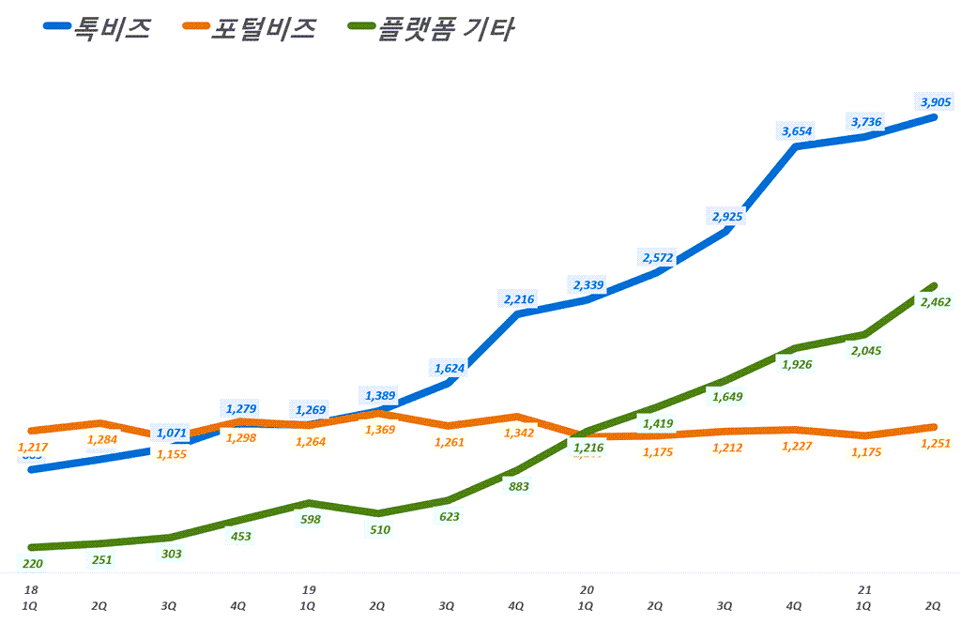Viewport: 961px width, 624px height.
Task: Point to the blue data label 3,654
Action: [797, 131]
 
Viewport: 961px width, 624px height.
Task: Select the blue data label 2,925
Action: [727, 217]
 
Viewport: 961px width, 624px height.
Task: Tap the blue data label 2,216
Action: [518, 299]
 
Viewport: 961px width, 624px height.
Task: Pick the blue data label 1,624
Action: [449, 368]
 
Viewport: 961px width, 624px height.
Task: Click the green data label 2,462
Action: [937, 302]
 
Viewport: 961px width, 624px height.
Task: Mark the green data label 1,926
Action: [797, 364]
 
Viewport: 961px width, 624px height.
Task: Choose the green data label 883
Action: [518, 486]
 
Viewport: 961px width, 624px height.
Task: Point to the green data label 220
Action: [31, 564]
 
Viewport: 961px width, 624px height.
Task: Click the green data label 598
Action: [309, 519]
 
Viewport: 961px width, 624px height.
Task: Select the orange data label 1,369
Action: [379, 429]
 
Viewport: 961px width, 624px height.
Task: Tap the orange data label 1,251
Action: [937, 444]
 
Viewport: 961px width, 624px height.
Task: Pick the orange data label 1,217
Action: [31, 448]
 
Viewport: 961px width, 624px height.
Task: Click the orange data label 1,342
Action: [518, 432]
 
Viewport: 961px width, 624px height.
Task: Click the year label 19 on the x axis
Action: [309, 590]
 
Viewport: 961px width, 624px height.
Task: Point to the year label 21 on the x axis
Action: [864, 590]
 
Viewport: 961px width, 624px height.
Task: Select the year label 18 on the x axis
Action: [31, 590]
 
